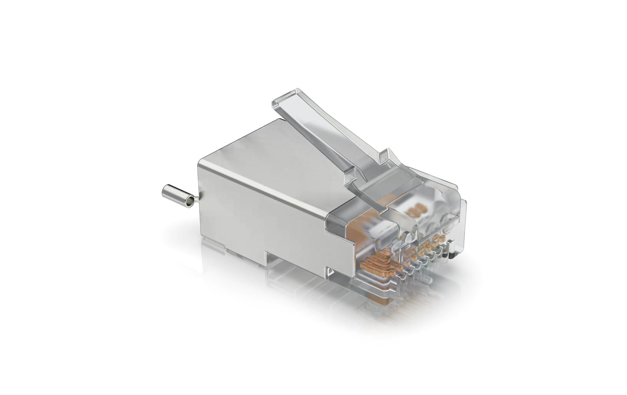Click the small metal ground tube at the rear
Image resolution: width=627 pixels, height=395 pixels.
click(176, 196)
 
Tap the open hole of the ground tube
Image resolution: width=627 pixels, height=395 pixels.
click(189, 202)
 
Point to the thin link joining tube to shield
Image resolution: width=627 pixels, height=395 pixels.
click(196, 199)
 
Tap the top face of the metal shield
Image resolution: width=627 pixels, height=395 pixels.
click(270, 154)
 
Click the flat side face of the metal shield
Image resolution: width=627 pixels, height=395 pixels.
click(262, 216)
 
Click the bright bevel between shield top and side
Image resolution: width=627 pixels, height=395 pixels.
click(266, 190)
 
